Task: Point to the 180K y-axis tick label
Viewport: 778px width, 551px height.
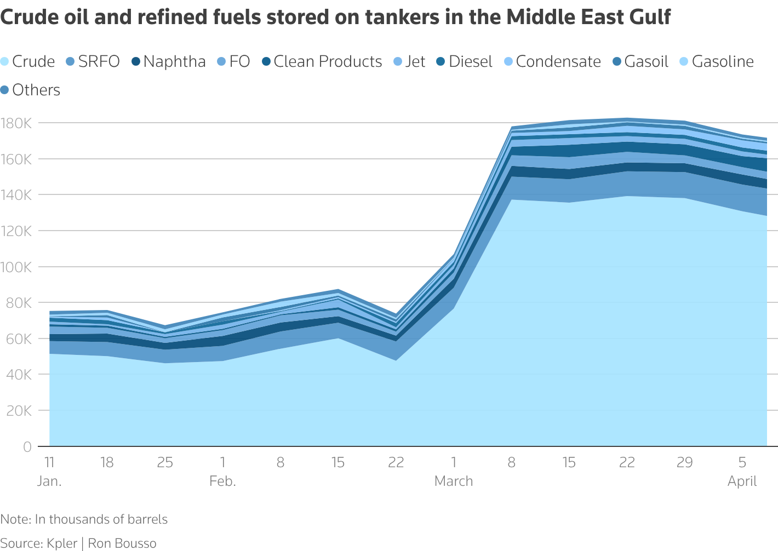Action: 16,123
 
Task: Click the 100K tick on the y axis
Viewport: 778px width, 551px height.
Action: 16,267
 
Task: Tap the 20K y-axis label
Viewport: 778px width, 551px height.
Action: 19,411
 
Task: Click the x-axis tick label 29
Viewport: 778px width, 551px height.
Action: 684,463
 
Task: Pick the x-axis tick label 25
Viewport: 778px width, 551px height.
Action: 165,463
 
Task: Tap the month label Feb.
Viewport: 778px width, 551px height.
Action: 222,481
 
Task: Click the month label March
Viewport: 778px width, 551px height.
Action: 454,481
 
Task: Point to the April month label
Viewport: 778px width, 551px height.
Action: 742,481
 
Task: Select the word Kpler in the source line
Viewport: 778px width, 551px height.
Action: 62,543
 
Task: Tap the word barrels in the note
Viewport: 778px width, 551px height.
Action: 147,519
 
